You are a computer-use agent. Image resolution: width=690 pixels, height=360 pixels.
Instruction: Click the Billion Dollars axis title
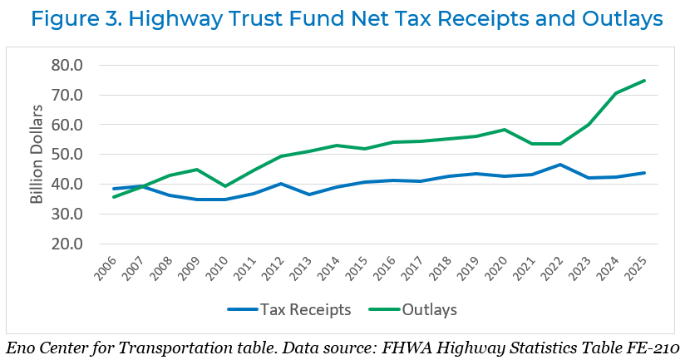[x=37, y=155]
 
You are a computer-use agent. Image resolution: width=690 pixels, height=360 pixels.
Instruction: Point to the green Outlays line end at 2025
[x=645, y=81]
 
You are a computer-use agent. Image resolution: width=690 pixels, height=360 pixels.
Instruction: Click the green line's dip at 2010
[x=224, y=186]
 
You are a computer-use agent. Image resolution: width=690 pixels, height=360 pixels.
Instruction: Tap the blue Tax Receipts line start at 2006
[x=113, y=189]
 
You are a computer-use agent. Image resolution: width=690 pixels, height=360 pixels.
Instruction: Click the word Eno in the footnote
[x=21, y=345]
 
